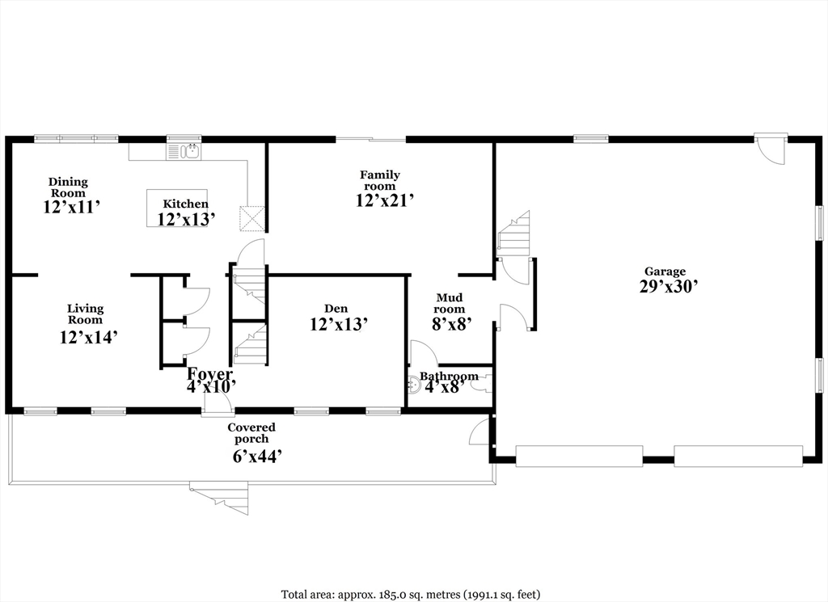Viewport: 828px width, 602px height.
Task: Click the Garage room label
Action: pyautogui.click(x=664, y=272)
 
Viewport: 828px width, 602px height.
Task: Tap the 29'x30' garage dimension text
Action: pyautogui.click(x=668, y=286)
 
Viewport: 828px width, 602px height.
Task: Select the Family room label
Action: pyautogui.click(x=380, y=180)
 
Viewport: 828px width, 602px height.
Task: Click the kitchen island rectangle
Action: pyautogui.click(x=176, y=208)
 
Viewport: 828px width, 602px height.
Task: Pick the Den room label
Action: pyautogui.click(x=336, y=309)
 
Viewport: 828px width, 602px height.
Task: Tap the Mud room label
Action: pyautogui.click(x=449, y=303)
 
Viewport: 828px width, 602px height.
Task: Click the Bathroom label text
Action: pyautogui.click(x=449, y=377)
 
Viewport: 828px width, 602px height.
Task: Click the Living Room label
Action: pyautogui.click(x=85, y=314)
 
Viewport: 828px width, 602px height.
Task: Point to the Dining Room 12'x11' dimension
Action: pyautogui.click(x=71, y=207)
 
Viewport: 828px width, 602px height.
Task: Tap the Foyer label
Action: pyautogui.click(x=210, y=374)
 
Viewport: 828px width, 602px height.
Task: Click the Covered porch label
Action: pyautogui.click(x=251, y=433)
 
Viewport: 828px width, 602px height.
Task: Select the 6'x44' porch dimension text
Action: pyautogui.click(x=256, y=457)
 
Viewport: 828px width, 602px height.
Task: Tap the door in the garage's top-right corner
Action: pyautogui.click(x=771, y=150)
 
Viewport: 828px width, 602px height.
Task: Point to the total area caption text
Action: pyautogui.click(x=411, y=595)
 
